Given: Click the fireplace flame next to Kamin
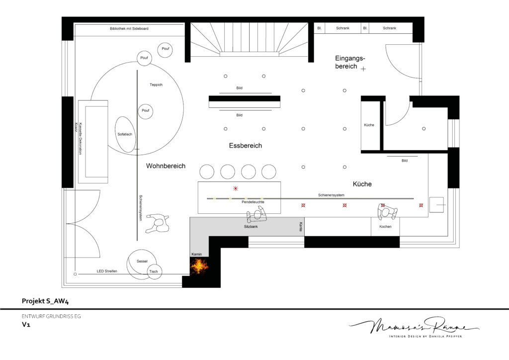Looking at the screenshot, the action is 199,266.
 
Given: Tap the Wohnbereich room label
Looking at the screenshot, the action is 166,166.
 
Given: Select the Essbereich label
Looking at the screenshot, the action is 246,146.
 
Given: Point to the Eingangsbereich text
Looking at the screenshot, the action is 350,62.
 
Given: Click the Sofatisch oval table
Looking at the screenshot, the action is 125,134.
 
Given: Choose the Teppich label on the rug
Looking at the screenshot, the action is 156,85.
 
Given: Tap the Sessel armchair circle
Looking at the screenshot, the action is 141,264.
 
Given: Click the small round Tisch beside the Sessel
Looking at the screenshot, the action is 154,271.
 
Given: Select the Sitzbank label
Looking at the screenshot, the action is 251,227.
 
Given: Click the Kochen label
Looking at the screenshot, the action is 385,227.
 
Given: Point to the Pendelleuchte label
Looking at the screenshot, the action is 253,202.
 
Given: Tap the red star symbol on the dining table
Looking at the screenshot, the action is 236,188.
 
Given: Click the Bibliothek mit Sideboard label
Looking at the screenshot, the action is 129,28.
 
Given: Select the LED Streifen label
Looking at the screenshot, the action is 107,271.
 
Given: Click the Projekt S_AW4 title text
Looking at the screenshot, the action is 45,301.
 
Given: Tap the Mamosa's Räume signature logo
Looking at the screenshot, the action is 414,327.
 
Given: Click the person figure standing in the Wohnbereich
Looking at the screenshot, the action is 158,223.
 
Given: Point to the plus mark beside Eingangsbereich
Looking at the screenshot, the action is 363,69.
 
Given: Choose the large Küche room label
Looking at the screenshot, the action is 362,184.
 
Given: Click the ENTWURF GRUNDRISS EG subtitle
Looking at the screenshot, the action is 51,316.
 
